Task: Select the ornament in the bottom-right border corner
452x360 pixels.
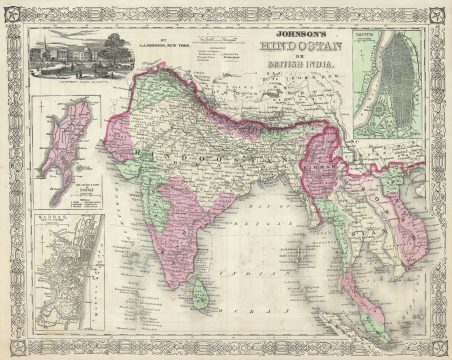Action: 438,347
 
